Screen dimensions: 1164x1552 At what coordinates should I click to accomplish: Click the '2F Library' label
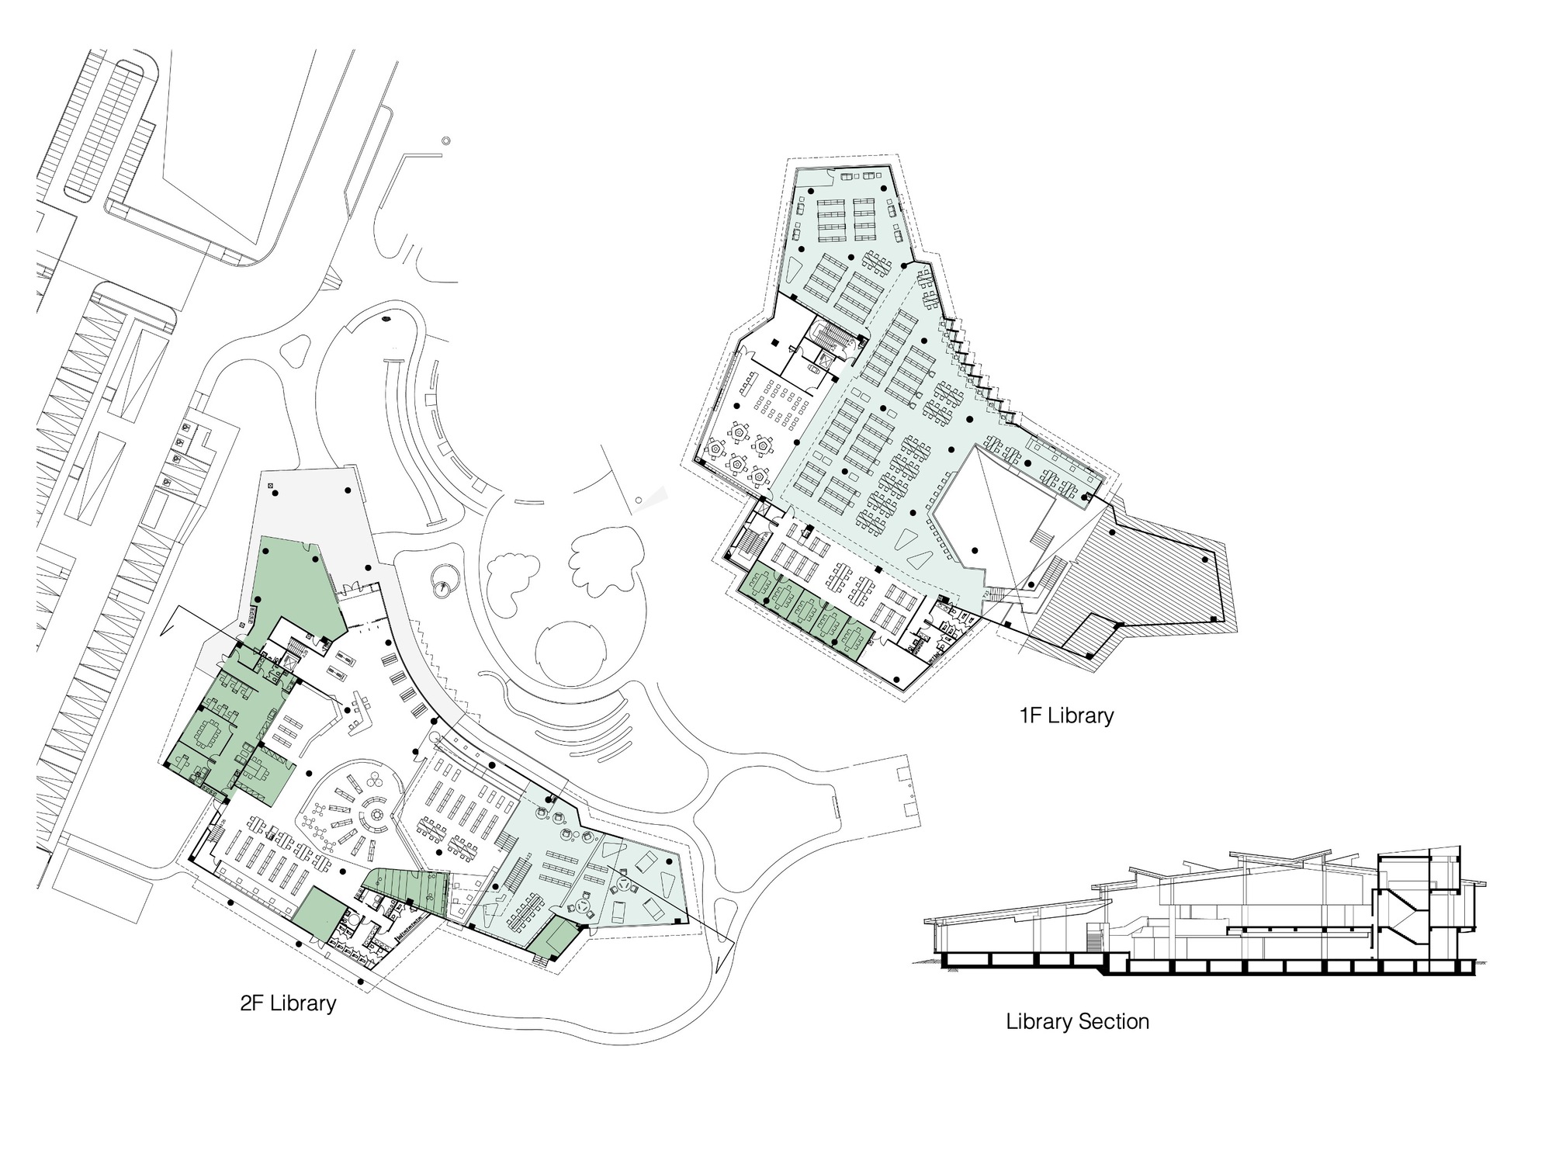tap(288, 1003)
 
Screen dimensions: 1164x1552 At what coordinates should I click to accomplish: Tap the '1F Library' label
tap(1066, 715)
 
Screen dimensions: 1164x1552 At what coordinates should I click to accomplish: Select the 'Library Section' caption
tap(1077, 1021)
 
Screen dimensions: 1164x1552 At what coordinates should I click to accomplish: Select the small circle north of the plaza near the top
tap(445, 141)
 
